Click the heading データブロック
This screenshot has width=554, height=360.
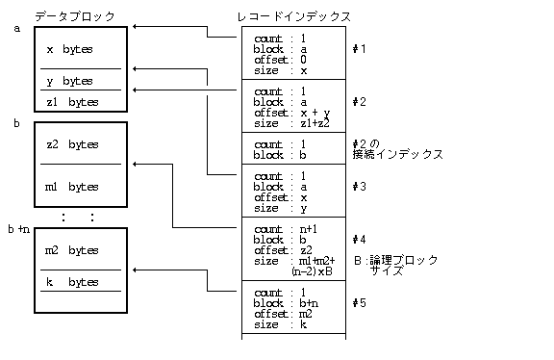[74, 16]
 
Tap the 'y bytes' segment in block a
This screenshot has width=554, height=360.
[70, 81]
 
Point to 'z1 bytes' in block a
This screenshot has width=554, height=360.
[72, 101]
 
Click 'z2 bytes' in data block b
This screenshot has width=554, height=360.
[72, 144]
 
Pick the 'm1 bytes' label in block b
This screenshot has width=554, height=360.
[72, 186]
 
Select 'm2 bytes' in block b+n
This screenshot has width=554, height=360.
[72, 250]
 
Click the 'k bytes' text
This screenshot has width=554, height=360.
[72, 282]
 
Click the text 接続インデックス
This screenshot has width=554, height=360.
[398, 154]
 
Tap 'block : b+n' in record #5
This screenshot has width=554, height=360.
[285, 303]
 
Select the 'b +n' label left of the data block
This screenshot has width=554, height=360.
[19, 229]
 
